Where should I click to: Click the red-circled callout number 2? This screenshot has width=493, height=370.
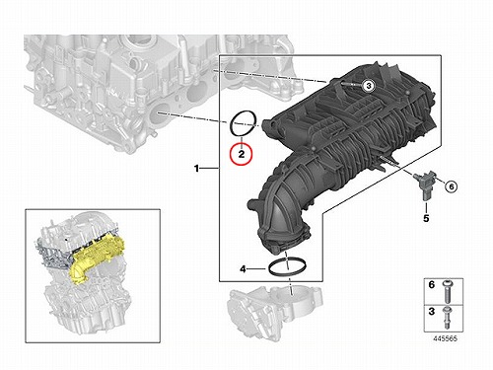pyautogui.click(x=242, y=154)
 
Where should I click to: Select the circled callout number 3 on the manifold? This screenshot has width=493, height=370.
pyautogui.click(x=369, y=86)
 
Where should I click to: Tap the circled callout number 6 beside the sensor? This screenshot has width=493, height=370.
pyautogui.click(x=452, y=186)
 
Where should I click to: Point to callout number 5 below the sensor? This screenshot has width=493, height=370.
pyautogui.click(x=426, y=218)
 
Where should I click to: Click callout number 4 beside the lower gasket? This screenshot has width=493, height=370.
pyautogui.click(x=243, y=269)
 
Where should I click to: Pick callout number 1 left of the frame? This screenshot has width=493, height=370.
pyautogui.click(x=196, y=169)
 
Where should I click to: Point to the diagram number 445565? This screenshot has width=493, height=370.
pyautogui.click(x=445, y=338)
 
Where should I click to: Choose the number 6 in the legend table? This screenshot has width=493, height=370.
pyautogui.click(x=432, y=284)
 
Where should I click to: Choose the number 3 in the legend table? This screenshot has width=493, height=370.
pyautogui.click(x=432, y=311)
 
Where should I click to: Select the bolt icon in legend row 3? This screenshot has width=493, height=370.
pyautogui.click(x=447, y=318)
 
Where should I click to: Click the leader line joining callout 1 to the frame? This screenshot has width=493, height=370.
pyautogui.click(x=210, y=169)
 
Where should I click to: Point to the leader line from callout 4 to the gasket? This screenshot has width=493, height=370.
pyautogui.click(x=256, y=269)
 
